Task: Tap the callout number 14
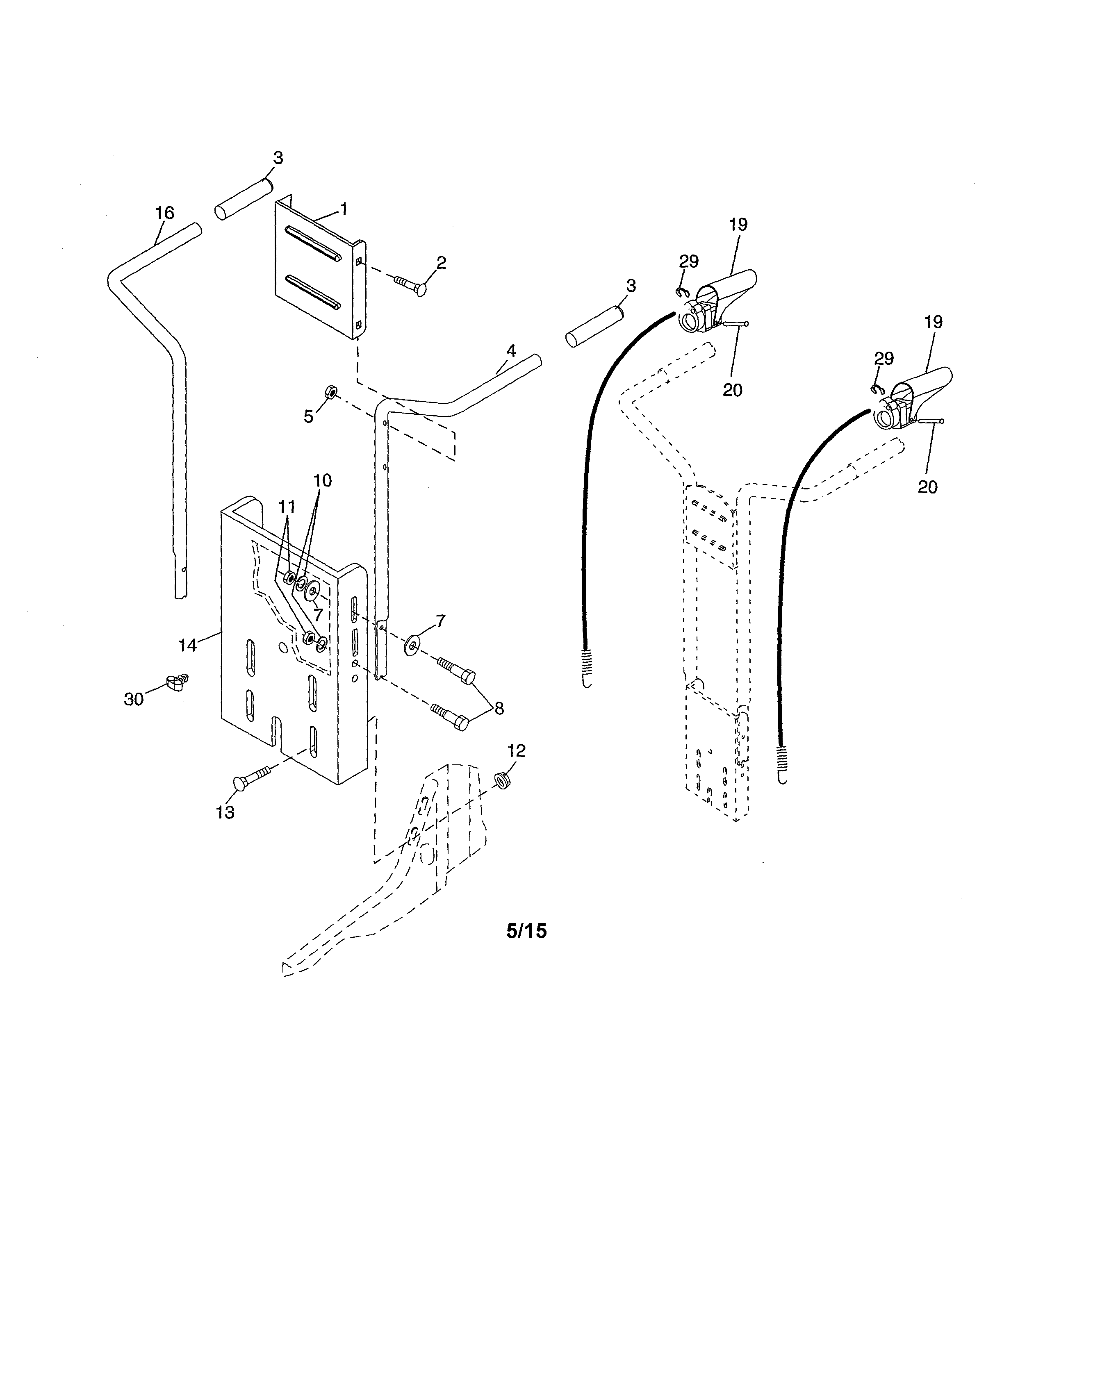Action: pyautogui.click(x=187, y=646)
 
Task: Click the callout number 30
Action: pyautogui.click(x=134, y=700)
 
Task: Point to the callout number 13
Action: pyautogui.click(x=225, y=813)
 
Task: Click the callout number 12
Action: pyautogui.click(x=517, y=751)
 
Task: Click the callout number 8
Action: pyautogui.click(x=499, y=708)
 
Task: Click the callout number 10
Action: pyautogui.click(x=323, y=480)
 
